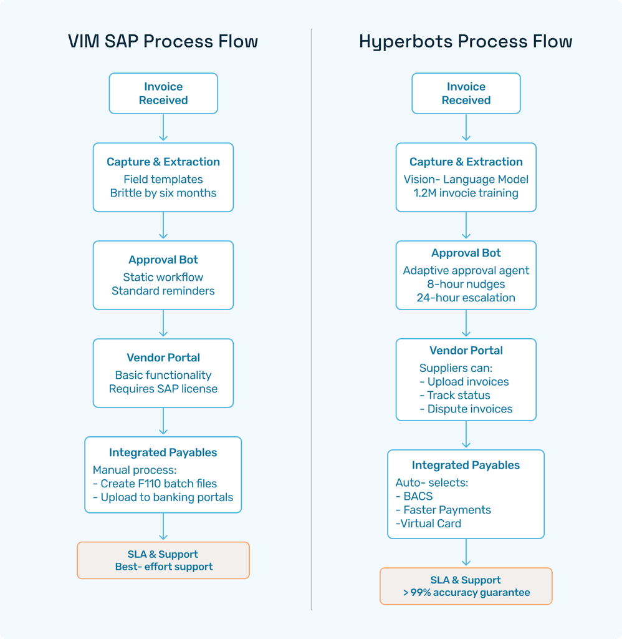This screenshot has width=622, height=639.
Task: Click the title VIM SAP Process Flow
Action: click(163, 42)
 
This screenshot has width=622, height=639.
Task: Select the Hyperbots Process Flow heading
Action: click(466, 42)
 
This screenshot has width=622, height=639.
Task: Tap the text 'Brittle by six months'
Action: click(163, 193)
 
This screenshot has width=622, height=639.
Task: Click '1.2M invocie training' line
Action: click(466, 193)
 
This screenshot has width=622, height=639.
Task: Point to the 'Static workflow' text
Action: click(163, 277)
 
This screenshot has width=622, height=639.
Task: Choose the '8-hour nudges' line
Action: click(466, 284)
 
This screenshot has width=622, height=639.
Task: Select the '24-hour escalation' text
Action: click(466, 298)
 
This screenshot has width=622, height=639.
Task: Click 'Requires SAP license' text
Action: click(163, 389)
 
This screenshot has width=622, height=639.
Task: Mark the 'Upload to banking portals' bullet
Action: click(163, 497)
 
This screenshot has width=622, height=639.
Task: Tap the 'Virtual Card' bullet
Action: click(430, 524)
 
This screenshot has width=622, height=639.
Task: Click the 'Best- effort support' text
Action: click(163, 567)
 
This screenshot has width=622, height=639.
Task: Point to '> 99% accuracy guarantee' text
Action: click(466, 593)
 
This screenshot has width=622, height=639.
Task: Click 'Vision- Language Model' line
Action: click(466, 179)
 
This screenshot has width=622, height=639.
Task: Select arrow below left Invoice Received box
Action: click(163, 128)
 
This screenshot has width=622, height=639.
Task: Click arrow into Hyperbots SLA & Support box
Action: click(466, 553)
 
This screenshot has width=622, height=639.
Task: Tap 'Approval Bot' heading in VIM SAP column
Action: click(163, 260)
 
